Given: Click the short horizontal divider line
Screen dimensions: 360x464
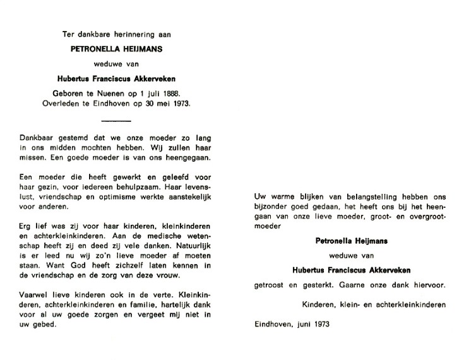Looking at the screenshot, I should point(116,120).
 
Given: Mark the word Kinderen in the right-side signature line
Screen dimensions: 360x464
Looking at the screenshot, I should point(319,305).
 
